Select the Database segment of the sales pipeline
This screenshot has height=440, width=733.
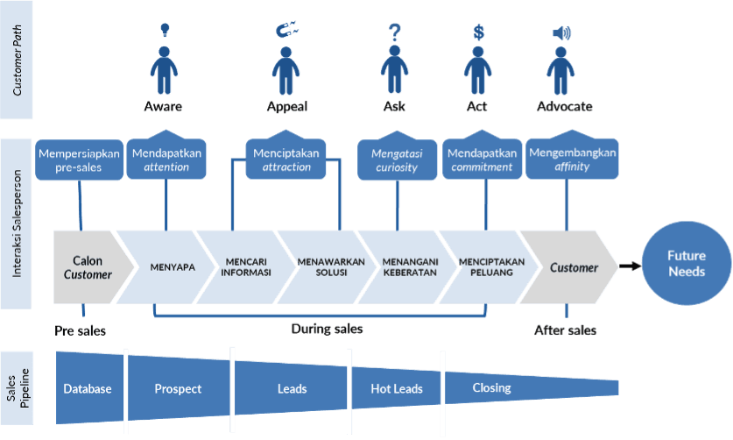(x=88, y=388)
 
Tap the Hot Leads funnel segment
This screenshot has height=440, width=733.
(x=396, y=388)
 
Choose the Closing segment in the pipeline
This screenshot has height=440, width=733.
(x=492, y=388)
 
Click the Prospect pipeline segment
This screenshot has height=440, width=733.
(x=178, y=388)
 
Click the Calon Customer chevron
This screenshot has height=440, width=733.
(x=91, y=266)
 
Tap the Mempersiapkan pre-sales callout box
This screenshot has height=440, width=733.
(x=81, y=160)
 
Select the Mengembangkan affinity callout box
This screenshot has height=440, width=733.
(x=572, y=160)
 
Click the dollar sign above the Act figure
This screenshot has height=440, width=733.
(x=478, y=32)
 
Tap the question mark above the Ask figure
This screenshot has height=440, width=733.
(x=394, y=33)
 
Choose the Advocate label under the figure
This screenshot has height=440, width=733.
(x=564, y=107)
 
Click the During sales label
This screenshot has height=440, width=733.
(x=327, y=330)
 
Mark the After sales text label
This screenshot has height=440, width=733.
(x=565, y=330)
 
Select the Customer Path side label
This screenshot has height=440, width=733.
(x=17, y=60)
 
